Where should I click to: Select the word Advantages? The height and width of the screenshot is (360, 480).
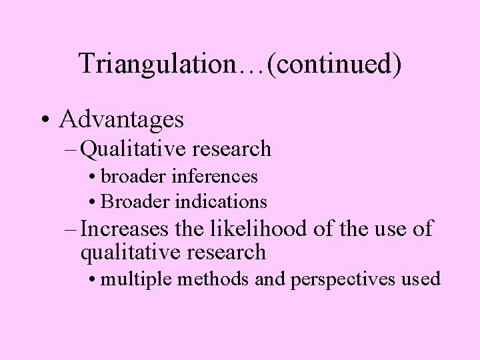coord(121,119)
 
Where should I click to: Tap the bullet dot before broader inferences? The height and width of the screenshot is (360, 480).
coord(91,177)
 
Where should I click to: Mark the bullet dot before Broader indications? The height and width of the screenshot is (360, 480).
coord(91,201)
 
